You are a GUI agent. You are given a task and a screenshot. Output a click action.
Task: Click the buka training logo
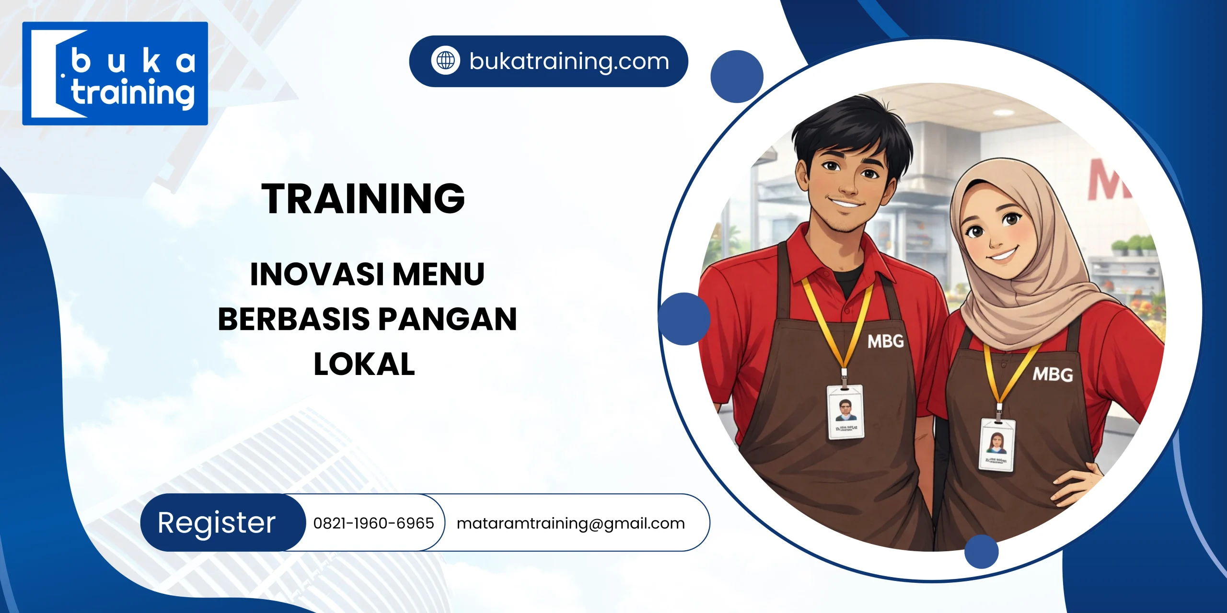(115, 73)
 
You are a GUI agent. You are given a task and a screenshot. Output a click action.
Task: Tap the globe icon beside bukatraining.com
(445, 61)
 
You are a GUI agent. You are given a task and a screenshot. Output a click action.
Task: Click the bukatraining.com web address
(569, 61)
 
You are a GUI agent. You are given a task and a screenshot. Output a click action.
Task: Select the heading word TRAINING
(363, 198)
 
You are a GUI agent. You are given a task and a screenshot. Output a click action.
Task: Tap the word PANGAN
(448, 319)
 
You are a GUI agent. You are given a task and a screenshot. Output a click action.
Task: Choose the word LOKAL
(364, 364)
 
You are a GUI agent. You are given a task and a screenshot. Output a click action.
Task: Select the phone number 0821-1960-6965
(373, 523)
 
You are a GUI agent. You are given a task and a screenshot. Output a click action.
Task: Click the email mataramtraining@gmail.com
(570, 523)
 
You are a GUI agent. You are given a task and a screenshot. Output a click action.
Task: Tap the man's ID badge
(846, 412)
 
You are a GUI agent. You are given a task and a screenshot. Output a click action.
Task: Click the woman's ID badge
(997, 444)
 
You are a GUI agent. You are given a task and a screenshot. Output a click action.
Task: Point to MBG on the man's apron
(886, 341)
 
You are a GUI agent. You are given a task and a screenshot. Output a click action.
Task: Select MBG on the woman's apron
(1053, 374)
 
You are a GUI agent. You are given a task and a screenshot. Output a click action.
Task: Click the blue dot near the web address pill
(737, 77)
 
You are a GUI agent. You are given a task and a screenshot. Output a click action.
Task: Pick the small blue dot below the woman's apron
(981, 551)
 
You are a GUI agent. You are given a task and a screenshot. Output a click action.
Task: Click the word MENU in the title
(439, 274)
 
